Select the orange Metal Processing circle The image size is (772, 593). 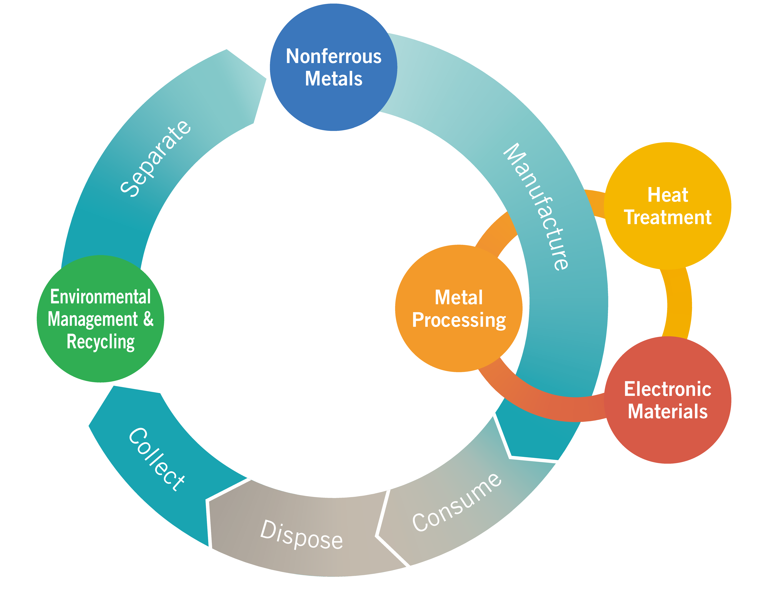coord(458,349)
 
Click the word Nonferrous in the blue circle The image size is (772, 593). coord(333,56)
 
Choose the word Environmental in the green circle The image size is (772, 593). coord(100,297)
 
